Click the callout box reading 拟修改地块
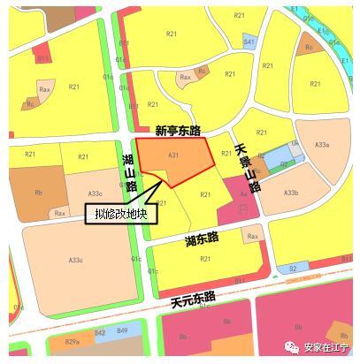tap(120, 213)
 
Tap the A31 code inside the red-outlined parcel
tap(173, 155)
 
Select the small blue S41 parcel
tap(249, 42)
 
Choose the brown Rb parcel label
tap(39, 192)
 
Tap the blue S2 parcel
tap(293, 268)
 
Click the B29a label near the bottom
tap(73, 341)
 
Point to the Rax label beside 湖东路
tap(254, 236)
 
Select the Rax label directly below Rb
tap(60, 213)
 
